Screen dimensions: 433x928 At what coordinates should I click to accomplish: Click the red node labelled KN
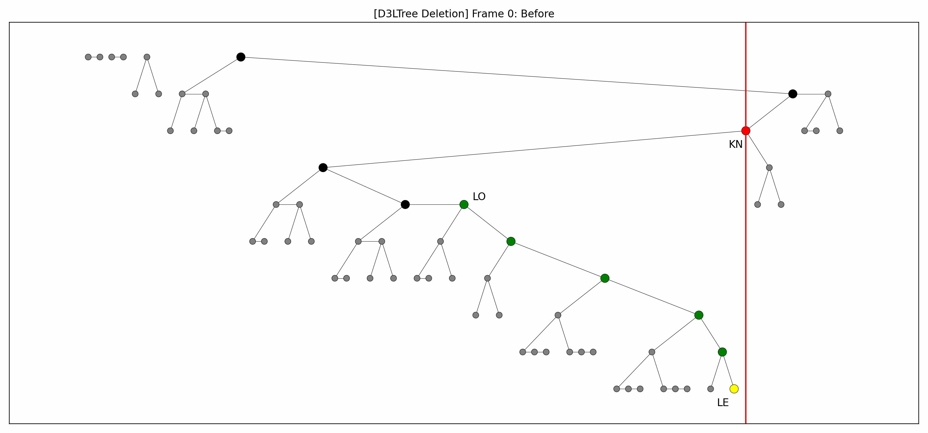[746, 131]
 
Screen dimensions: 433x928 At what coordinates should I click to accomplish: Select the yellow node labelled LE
[734, 389]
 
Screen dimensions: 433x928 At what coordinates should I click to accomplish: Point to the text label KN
[736, 144]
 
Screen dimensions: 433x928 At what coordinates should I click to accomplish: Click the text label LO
[479, 197]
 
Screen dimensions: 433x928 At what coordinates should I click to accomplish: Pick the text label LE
[723, 403]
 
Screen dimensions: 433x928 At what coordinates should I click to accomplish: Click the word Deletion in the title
[445, 14]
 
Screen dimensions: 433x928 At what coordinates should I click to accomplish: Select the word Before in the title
[538, 14]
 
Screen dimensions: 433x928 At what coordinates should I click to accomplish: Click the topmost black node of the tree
[241, 57]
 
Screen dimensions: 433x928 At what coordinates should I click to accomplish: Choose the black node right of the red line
[793, 94]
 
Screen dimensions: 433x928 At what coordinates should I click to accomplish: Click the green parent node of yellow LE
[722, 352]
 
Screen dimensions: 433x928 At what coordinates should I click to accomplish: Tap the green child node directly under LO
[511, 241]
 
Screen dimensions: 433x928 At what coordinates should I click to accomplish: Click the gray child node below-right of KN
[769, 168]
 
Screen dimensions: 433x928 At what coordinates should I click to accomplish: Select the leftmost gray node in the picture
[88, 57]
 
